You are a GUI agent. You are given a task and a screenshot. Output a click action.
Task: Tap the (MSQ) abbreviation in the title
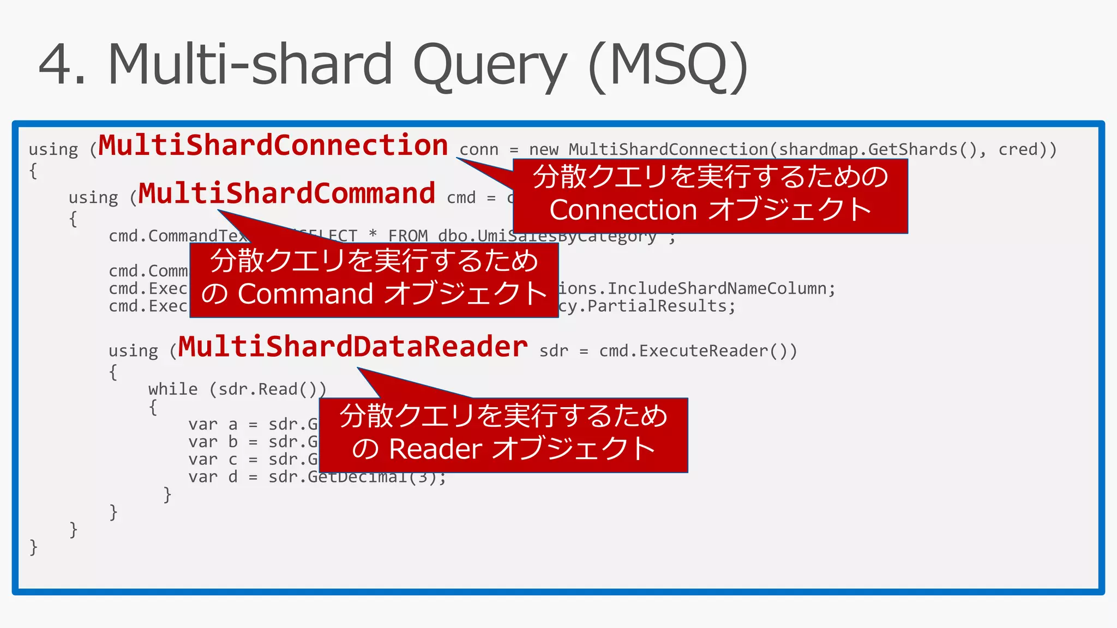pyautogui.click(x=668, y=65)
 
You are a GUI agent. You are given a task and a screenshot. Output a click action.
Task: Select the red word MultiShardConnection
pyautogui.click(x=273, y=146)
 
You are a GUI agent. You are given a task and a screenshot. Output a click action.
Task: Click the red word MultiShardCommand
pyautogui.click(x=286, y=194)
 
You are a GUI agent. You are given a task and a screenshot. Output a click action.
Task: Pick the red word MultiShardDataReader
pyautogui.click(x=352, y=347)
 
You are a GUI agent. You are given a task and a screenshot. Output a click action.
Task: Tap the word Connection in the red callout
pyautogui.click(x=623, y=210)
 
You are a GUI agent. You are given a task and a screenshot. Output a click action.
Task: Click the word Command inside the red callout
pyautogui.click(x=305, y=294)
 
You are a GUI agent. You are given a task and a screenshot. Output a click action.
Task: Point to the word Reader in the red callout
pyautogui.click(x=435, y=450)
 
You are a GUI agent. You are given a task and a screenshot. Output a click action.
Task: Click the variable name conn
pyautogui.click(x=479, y=150)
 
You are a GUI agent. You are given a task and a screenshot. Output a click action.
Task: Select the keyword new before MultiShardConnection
pyautogui.click(x=543, y=150)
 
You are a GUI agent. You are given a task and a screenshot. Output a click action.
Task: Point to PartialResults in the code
pyautogui.click(x=657, y=306)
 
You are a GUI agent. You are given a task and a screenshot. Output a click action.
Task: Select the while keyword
pyautogui.click(x=173, y=389)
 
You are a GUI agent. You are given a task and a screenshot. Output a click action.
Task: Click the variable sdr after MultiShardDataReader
pyautogui.click(x=554, y=351)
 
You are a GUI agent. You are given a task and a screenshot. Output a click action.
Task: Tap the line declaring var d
pyautogui.click(x=316, y=478)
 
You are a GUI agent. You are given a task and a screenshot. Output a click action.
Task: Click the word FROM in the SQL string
pyautogui.click(x=407, y=236)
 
